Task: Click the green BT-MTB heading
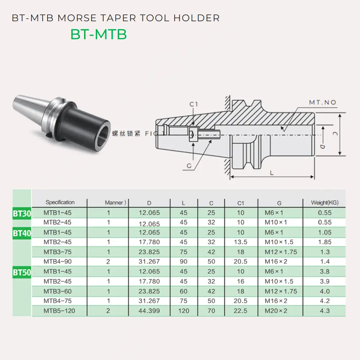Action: click(x=98, y=35)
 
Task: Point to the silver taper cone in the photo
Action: click(x=29, y=104)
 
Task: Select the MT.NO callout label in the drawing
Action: click(x=323, y=103)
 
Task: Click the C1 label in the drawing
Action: click(x=194, y=104)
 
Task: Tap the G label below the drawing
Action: click(x=189, y=166)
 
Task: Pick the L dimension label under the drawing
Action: click(x=272, y=173)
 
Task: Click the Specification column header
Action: click(x=60, y=203)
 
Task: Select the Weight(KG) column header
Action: click(x=325, y=203)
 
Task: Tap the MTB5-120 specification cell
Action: click(x=59, y=311)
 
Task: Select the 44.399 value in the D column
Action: click(x=149, y=311)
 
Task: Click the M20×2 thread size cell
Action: click(x=276, y=311)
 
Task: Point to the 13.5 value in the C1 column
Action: click(x=240, y=242)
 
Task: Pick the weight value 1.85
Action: click(x=325, y=242)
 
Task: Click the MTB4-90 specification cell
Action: click(x=58, y=262)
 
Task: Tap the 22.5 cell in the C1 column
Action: click(x=240, y=311)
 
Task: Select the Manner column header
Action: click(x=115, y=203)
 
